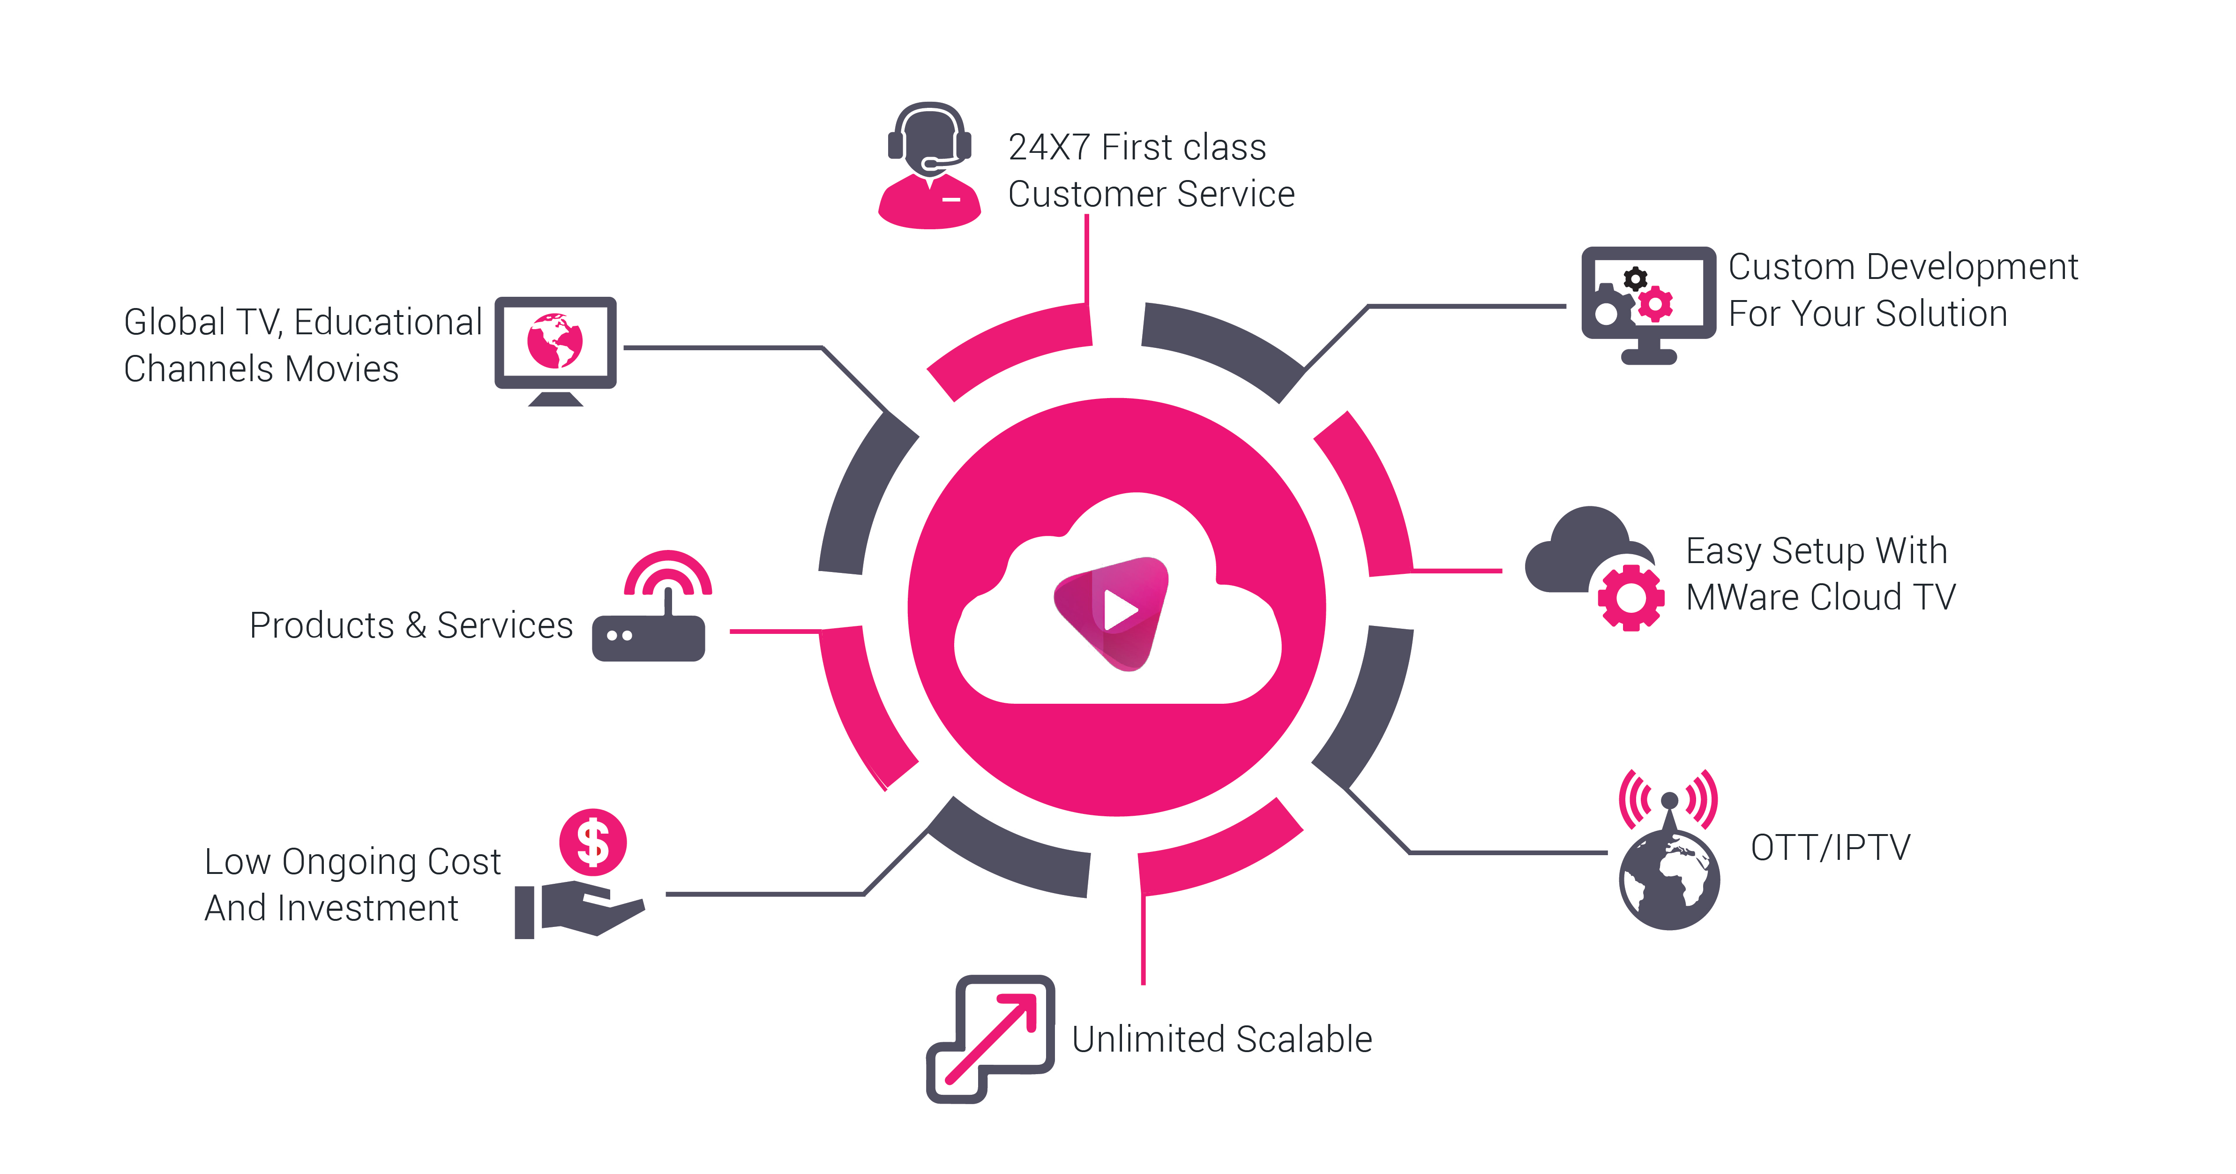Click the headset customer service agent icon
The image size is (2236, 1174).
(x=930, y=165)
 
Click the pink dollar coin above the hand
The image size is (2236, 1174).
(x=593, y=843)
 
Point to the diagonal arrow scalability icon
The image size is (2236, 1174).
(x=990, y=1039)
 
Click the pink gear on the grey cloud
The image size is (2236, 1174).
(x=1631, y=597)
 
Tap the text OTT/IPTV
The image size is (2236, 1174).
(x=1831, y=848)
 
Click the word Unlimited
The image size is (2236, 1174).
(x=1149, y=1039)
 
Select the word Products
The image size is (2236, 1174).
(x=322, y=625)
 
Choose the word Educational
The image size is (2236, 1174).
(x=388, y=322)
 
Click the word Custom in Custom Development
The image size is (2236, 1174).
(x=1792, y=267)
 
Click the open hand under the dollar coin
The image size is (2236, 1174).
(x=580, y=908)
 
